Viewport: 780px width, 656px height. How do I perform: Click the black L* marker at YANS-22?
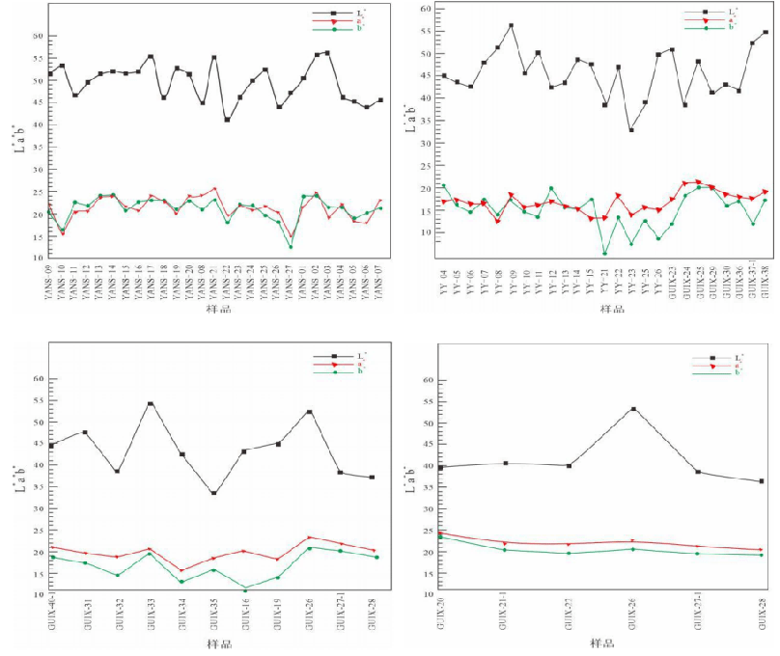pyautogui.click(x=227, y=120)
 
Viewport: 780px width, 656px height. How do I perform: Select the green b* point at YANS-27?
pyautogui.click(x=290, y=247)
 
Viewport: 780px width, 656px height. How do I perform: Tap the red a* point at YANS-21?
pyautogui.click(x=214, y=189)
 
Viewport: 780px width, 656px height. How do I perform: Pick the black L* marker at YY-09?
pyautogui.click(x=511, y=26)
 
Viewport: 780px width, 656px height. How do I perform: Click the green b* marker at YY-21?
pyautogui.click(x=604, y=254)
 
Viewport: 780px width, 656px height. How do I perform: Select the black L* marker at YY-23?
pyautogui.click(x=631, y=130)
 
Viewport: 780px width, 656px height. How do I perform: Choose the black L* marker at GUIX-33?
pyautogui.click(x=151, y=404)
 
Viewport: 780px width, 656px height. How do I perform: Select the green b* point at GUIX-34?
pyautogui.click(x=181, y=582)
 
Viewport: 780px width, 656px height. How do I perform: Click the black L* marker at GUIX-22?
pyautogui.click(x=569, y=466)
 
